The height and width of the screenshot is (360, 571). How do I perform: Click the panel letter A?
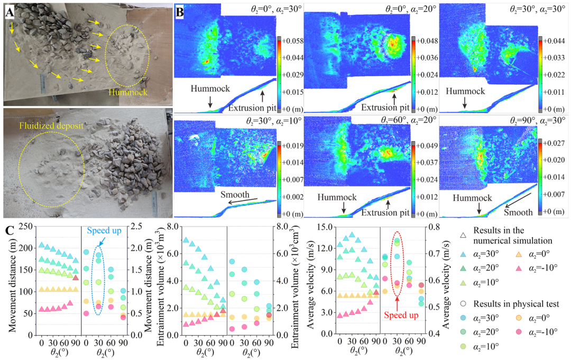click(x=10, y=13)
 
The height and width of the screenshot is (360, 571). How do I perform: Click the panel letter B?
click(x=180, y=12)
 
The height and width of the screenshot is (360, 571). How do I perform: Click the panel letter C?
click(x=10, y=231)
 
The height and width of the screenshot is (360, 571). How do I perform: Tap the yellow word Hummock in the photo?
click(x=128, y=92)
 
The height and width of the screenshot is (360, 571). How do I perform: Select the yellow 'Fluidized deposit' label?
click(x=51, y=126)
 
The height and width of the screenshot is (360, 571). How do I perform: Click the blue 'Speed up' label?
click(x=104, y=230)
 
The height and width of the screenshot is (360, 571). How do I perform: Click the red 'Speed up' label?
click(x=401, y=315)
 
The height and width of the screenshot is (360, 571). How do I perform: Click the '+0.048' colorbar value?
click(x=427, y=41)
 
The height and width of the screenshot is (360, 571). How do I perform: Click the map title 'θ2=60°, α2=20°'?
click(x=408, y=121)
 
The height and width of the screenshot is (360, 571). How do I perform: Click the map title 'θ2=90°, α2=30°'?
click(x=537, y=121)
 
